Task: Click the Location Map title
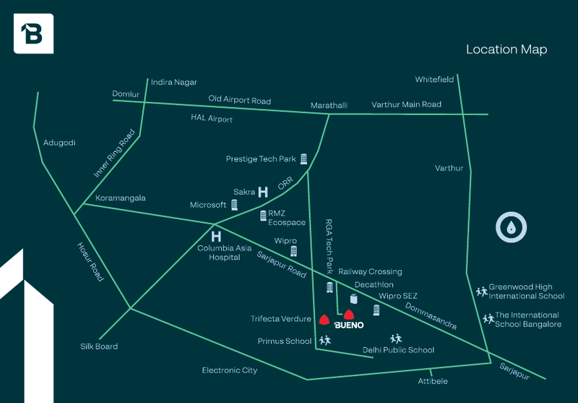point(506,49)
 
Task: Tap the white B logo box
point(33,33)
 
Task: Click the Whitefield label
point(434,80)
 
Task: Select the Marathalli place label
point(329,106)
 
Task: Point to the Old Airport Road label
point(240,100)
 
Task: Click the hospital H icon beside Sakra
point(263,192)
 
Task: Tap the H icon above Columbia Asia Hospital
point(216,236)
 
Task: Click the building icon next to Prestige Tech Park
point(303,159)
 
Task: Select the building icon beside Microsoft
point(234,205)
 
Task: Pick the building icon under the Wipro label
point(293,251)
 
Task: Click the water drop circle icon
point(511,227)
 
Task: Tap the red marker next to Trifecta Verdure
point(324,320)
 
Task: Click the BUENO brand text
point(349,325)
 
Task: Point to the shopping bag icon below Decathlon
point(353,299)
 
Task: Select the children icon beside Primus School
point(325,340)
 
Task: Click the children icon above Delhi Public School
point(396,338)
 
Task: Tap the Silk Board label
point(99,346)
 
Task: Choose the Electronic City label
point(230,370)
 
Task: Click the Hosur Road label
point(90,262)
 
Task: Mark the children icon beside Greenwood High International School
point(481,292)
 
